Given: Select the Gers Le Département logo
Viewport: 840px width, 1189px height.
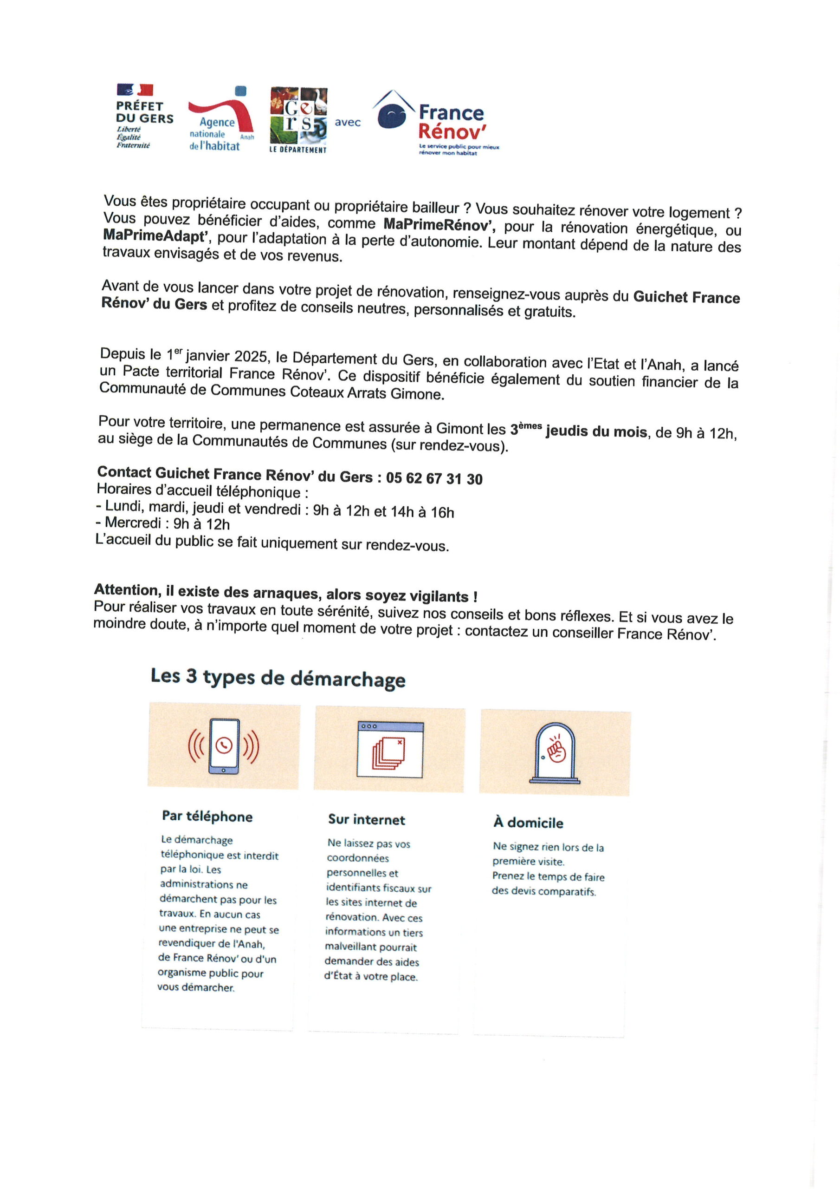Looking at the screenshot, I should (298, 121).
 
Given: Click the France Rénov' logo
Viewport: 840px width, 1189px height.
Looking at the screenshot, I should (436, 123).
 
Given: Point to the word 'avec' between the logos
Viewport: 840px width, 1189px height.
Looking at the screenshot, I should (347, 123).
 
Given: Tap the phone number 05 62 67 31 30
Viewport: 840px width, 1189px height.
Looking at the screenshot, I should (434, 478).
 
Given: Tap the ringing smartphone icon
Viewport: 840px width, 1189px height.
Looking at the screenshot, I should (224, 746).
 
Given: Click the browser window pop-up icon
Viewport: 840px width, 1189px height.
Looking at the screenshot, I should (390, 749).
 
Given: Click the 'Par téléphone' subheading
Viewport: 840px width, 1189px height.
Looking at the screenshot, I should (207, 817).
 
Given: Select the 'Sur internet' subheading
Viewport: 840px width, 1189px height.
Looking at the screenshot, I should (367, 820).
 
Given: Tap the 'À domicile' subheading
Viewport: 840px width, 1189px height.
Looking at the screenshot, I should (528, 823).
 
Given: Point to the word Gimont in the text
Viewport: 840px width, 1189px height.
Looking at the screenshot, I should (459, 428).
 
